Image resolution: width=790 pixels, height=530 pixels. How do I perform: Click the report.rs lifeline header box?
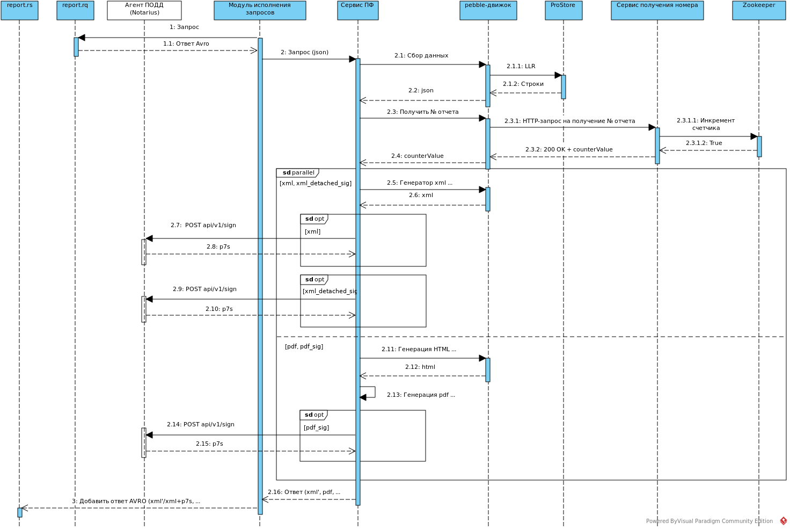[19, 10]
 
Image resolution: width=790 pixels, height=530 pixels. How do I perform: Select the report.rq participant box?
[75, 10]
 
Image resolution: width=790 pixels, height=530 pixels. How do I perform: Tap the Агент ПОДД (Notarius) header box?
[144, 10]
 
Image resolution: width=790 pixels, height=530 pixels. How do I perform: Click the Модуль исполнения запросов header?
[260, 10]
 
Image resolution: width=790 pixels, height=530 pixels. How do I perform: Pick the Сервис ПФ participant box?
[357, 10]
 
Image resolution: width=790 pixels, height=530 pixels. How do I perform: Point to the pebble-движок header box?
[488, 10]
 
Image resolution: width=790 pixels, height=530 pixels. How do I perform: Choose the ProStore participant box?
[564, 10]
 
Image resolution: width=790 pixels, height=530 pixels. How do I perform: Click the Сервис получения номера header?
[657, 10]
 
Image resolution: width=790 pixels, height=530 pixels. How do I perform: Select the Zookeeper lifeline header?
[759, 10]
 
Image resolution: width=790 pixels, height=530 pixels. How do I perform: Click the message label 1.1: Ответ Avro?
[186, 44]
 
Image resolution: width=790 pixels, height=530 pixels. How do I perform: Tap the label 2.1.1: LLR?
[521, 67]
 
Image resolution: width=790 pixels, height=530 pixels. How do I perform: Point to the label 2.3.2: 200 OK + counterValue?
[569, 150]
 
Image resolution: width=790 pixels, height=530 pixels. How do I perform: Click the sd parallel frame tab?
[298, 173]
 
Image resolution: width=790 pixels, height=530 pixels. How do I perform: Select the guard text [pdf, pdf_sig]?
[304, 347]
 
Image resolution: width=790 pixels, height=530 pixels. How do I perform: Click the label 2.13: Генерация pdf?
[421, 395]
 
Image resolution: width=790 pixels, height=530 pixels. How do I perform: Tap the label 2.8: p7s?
[218, 247]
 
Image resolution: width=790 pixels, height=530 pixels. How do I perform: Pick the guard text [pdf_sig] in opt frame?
[316, 428]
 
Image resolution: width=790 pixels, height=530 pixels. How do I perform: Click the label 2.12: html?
[420, 367]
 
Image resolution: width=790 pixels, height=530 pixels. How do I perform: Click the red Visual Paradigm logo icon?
[783, 521]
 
